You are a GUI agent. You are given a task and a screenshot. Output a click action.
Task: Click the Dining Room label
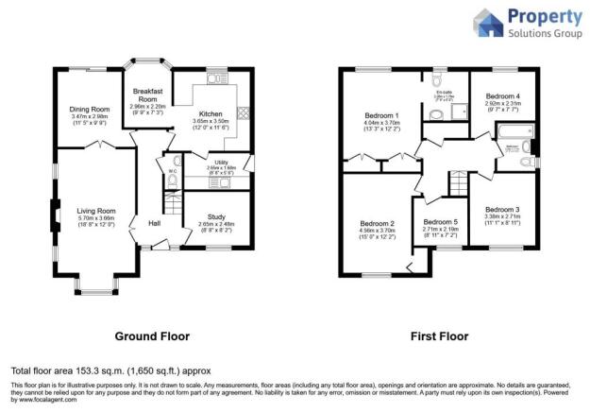click(x=90, y=109)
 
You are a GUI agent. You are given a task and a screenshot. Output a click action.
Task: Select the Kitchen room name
click(x=211, y=114)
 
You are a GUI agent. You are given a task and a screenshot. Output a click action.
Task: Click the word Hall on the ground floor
click(x=152, y=224)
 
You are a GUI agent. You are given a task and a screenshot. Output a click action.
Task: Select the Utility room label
click(x=222, y=163)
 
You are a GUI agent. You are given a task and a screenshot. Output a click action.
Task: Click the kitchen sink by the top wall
click(x=213, y=79)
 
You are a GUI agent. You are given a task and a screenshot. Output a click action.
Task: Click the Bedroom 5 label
click(x=440, y=221)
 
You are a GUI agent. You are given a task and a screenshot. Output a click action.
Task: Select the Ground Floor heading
click(x=151, y=336)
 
